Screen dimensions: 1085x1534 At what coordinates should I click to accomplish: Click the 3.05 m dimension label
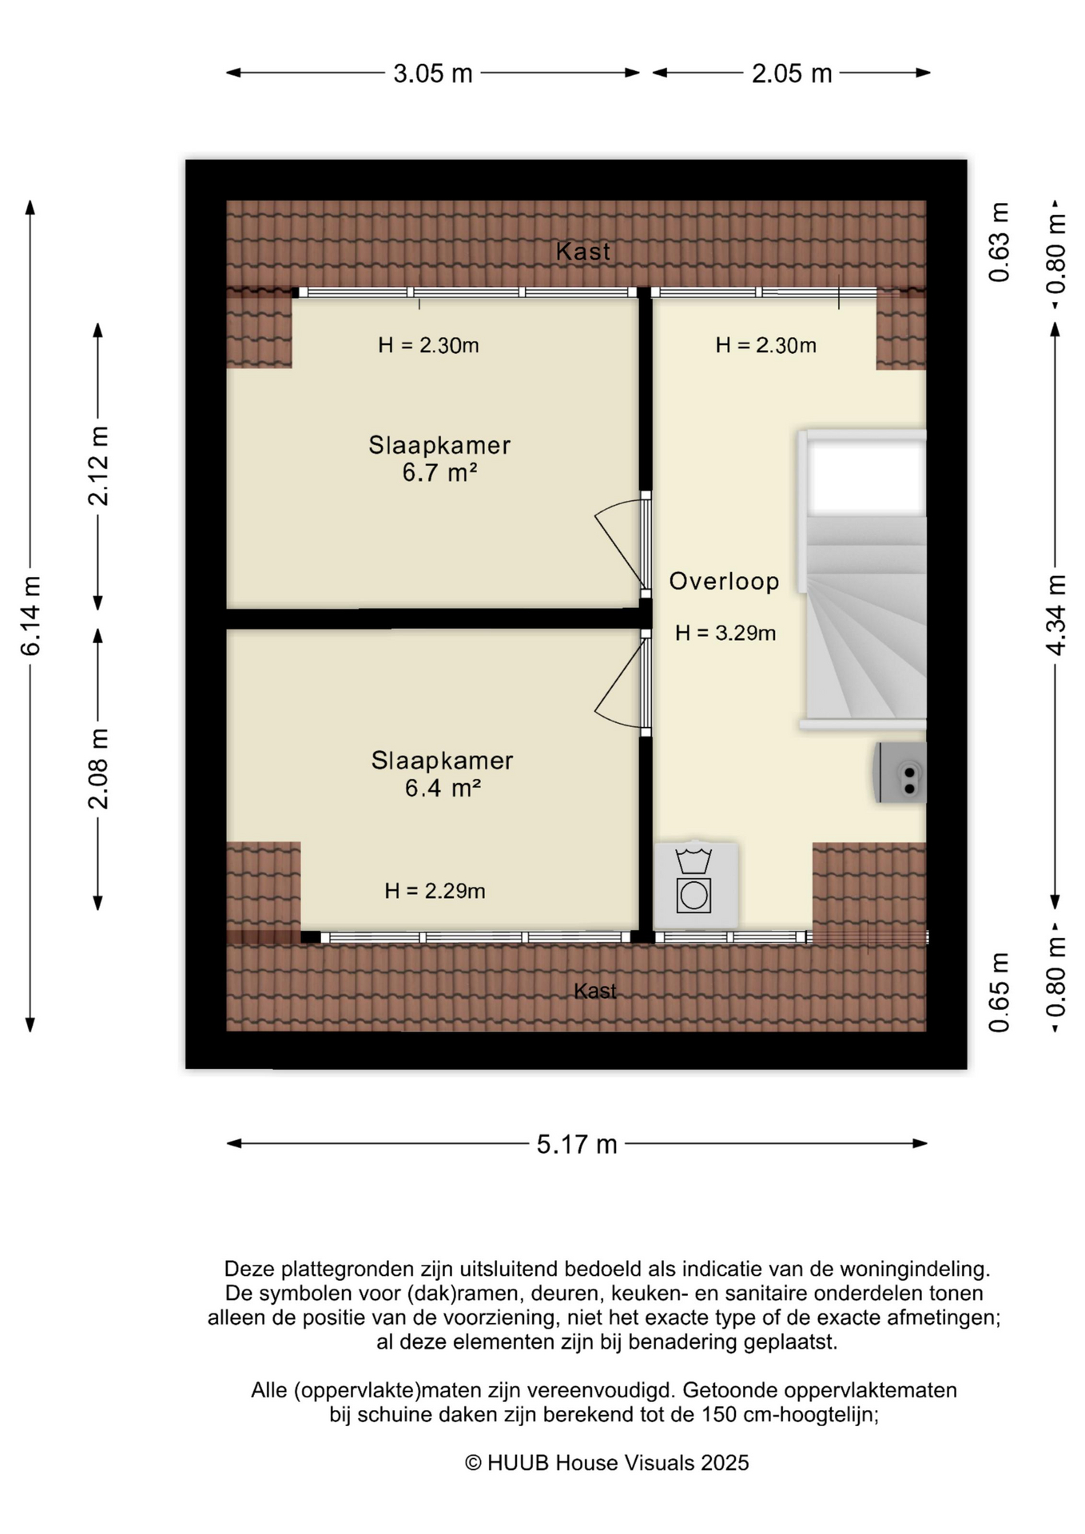(x=433, y=74)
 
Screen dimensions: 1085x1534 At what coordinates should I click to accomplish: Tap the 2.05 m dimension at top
(x=792, y=74)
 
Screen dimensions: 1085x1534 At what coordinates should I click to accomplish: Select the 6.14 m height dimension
(x=30, y=615)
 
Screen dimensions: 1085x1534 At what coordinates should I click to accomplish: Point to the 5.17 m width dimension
(x=577, y=1144)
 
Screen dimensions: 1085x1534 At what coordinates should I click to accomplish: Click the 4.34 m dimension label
(x=1056, y=615)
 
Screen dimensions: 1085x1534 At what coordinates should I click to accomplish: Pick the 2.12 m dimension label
(x=98, y=466)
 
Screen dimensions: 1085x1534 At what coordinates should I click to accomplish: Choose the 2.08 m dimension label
(x=98, y=769)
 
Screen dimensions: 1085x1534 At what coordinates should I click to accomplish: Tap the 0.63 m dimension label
(x=1000, y=242)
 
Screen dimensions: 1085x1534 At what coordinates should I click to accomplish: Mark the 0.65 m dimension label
(x=1000, y=992)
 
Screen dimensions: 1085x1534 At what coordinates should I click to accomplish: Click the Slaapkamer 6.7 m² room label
(x=439, y=459)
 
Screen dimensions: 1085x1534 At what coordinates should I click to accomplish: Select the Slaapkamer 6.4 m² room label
(x=442, y=774)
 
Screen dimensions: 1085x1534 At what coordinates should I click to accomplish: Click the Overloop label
(x=724, y=581)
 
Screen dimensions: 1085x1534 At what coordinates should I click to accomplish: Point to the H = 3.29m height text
(x=725, y=633)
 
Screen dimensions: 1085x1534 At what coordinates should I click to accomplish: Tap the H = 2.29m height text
(x=435, y=890)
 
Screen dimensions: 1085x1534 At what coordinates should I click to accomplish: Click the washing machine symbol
(x=695, y=884)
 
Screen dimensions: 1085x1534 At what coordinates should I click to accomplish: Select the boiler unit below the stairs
(x=900, y=772)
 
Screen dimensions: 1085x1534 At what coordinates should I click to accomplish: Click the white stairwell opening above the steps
(x=866, y=477)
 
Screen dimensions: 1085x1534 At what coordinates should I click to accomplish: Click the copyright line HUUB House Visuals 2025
(x=607, y=1463)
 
